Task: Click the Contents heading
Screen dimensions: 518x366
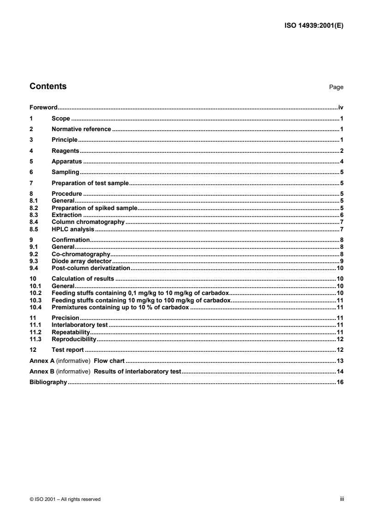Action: [x=48, y=86]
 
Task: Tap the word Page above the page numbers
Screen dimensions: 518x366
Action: [x=336, y=87]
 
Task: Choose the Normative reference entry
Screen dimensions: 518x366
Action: [x=81, y=129]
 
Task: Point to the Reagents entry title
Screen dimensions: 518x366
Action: [x=66, y=151]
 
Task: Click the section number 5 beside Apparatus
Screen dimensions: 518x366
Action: [x=31, y=162]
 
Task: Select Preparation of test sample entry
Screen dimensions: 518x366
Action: [x=90, y=183]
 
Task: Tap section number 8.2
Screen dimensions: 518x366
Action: [x=33, y=208]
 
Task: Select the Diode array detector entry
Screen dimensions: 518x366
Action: [x=82, y=261]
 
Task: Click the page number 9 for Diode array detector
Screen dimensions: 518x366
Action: [x=342, y=261]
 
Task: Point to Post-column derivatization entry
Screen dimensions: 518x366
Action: [x=91, y=268]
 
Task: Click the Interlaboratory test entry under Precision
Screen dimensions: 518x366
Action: [x=79, y=325]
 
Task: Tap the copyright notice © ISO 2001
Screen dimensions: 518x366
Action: [x=65, y=499]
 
